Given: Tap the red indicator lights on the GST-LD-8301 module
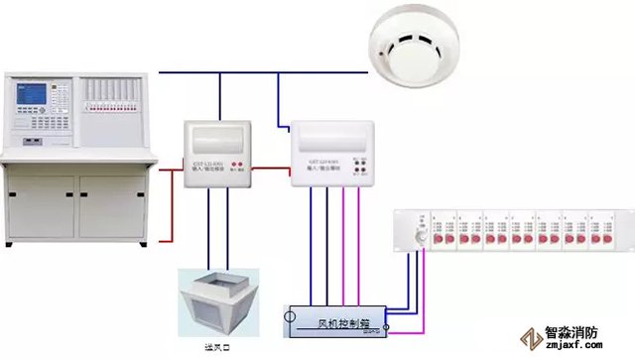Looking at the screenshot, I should pos(239,163).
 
